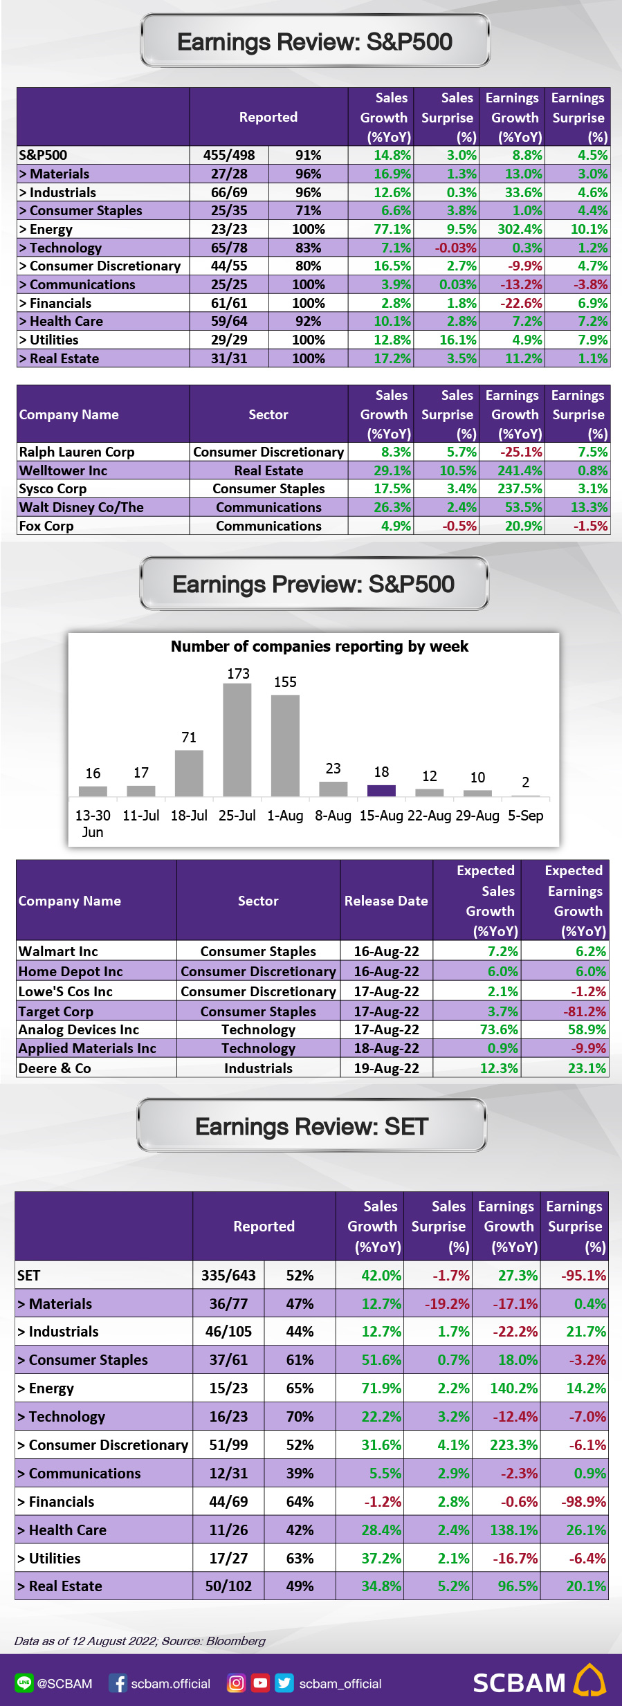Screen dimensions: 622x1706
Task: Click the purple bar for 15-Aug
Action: (x=381, y=791)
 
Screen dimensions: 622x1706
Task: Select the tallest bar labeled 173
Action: (x=237, y=740)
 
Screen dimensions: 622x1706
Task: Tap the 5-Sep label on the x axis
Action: (x=526, y=816)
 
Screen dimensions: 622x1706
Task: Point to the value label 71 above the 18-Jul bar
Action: (x=189, y=737)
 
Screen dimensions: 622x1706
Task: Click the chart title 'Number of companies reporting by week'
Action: (x=320, y=646)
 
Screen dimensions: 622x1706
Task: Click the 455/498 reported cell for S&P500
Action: (x=229, y=155)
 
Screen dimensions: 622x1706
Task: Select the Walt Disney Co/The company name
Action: (x=82, y=507)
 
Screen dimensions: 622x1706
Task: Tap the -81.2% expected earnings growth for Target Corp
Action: (x=585, y=1011)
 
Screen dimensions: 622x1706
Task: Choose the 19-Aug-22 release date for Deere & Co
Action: (x=387, y=1068)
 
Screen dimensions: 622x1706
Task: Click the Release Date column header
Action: (x=386, y=901)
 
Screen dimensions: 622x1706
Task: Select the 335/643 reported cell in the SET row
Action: (x=229, y=1275)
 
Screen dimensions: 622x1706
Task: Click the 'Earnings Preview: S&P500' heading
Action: (x=313, y=585)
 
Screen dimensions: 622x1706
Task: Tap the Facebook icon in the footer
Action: (x=118, y=1683)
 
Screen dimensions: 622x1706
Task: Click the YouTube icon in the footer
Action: (x=260, y=1682)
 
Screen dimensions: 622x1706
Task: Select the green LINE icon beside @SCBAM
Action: (x=24, y=1683)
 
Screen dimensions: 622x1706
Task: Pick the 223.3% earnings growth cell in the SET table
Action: (x=514, y=1445)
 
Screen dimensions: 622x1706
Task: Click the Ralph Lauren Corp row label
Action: (x=77, y=452)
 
